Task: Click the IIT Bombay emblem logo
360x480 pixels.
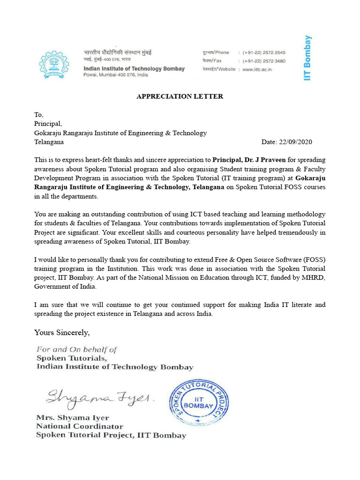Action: pos(55,64)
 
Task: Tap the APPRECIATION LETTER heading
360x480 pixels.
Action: pos(180,97)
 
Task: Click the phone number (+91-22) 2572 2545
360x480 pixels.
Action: pos(264,53)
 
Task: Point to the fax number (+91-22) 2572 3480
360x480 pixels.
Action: pos(264,61)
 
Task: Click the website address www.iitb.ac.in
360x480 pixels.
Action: pos(257,69)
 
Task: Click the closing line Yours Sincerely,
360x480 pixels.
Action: pos(62,332)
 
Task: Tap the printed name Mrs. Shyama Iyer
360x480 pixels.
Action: pos(73,418)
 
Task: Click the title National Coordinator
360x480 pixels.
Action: pos(80,426)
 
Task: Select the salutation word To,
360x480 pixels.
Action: pos(38,114)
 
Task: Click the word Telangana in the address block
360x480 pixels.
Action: pos(49,142)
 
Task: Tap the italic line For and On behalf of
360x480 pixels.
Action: pos(77,349)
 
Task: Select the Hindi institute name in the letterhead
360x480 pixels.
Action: pos(118,52)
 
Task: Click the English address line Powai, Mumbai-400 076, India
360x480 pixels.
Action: pos(115,75)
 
